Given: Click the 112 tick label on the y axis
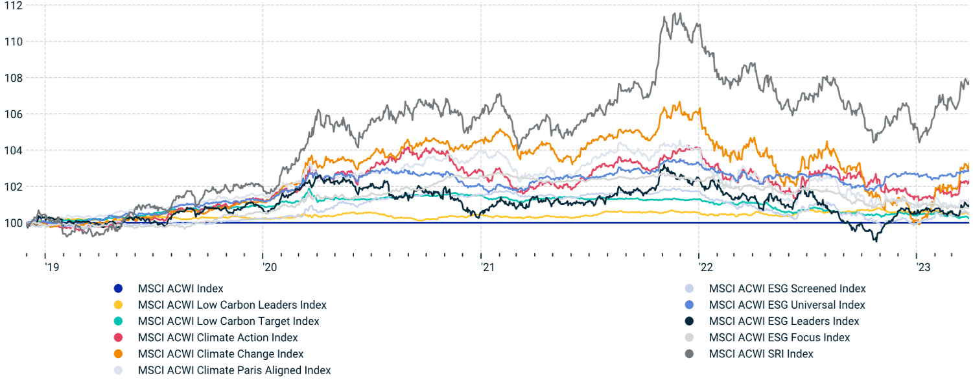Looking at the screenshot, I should (12, 6).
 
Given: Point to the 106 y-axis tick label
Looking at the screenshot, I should (12, 114).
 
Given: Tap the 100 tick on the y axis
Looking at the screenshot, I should (12, 223).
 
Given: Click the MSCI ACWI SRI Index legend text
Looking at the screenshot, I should (761, 354).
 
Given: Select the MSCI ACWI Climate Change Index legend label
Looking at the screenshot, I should (220, 354).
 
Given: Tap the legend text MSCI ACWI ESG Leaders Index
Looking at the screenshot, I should (784, 321).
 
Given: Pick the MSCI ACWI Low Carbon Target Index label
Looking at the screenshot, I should (228, 321).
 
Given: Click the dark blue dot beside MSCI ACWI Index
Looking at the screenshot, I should (117, 289).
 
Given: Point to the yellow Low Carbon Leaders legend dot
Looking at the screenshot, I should (117, 305).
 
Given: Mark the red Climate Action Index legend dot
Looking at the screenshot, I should (117, 338).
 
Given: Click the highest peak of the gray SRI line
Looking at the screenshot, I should (677, 13).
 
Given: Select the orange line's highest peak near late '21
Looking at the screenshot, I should (679, 102).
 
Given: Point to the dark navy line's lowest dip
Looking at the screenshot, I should (876, 241).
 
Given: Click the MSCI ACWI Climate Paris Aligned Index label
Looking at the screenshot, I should (234, 370).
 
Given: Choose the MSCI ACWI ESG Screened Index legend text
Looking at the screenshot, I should (787, 289).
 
